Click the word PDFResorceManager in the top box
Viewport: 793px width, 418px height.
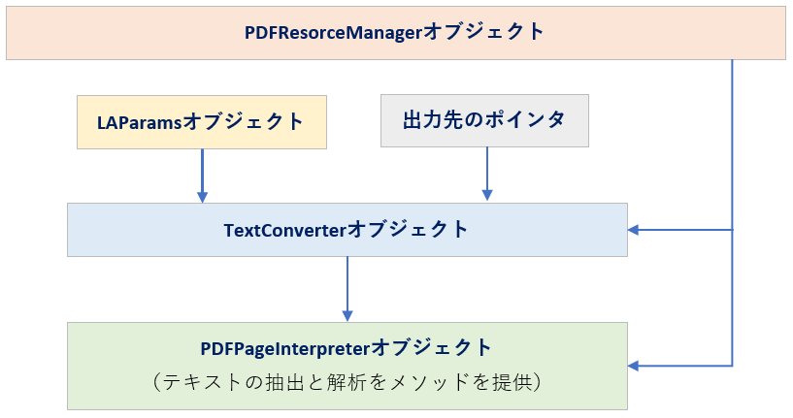[333, 33]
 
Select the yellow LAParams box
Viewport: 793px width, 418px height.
[202, 122]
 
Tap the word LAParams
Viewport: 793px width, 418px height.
[139, 123]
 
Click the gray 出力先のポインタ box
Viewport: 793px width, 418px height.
[484, 121]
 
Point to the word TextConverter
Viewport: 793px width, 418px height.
[284, 231]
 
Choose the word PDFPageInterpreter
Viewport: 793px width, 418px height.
[285, 349]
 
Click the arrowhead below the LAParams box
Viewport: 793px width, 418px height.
[202, 197]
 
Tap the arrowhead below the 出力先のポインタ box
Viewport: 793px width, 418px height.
[487, 195]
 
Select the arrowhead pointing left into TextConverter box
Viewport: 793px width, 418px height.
[633, 230]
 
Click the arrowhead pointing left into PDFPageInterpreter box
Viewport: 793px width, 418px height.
[633, 366]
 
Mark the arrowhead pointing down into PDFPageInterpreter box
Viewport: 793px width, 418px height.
[347, 315]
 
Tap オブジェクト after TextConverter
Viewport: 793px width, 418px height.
[408, 230]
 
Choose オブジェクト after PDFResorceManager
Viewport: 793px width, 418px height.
[483, 32]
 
